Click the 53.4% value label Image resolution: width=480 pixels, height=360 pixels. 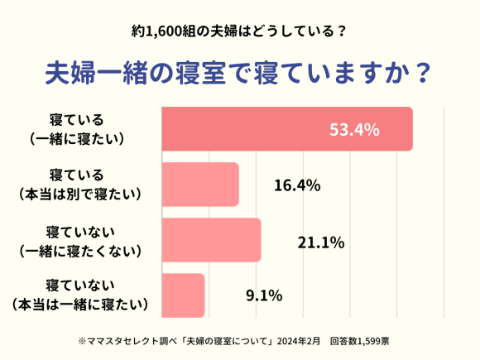[x=354, y=130]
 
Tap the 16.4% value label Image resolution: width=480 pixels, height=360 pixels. [x=296, y=185]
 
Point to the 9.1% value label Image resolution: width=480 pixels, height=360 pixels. [x=265, y=295]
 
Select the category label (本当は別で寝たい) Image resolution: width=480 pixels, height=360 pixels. [x=82, y=194]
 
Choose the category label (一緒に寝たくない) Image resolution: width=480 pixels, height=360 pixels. [x=82, y=249]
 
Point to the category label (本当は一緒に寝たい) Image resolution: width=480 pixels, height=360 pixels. [x=82, y=305]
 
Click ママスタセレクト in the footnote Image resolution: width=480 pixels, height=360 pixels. [x=126, y=340]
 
